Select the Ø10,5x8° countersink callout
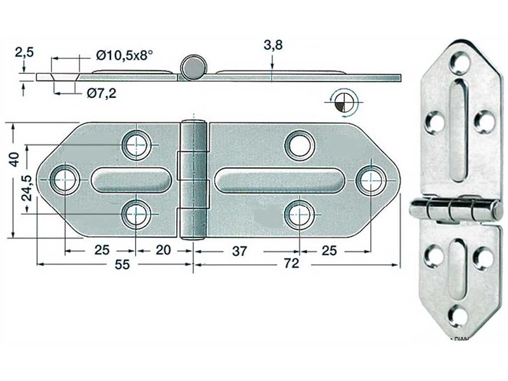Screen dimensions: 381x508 (124, 55)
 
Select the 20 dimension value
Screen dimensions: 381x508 (163, 250)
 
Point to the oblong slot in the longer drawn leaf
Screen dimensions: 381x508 (279, 180)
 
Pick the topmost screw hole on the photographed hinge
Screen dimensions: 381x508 (459, 62)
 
